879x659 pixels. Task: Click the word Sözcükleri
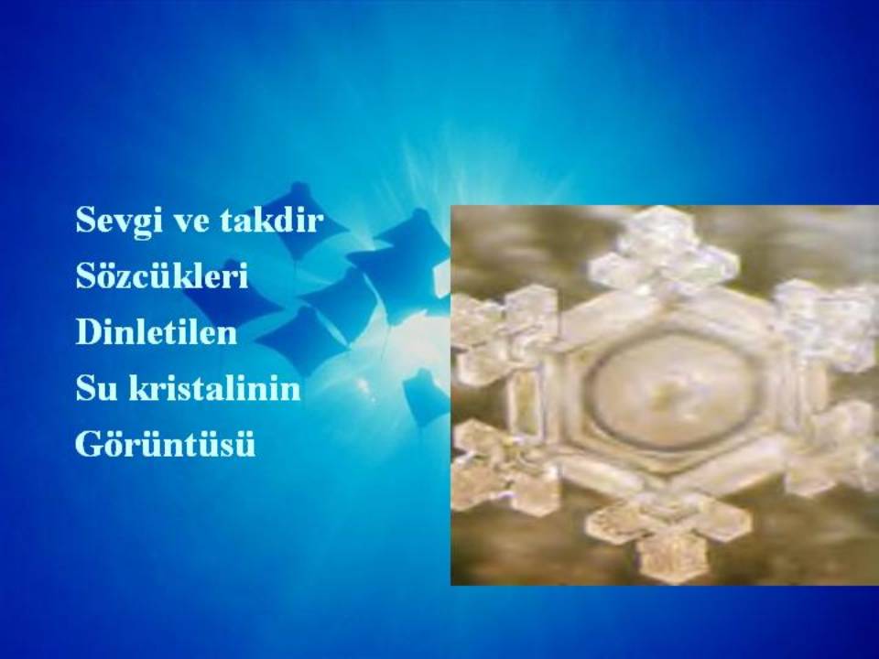pos(161,275)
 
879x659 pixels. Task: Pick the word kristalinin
pos(214,387)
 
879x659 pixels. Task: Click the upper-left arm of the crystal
pos(505,330)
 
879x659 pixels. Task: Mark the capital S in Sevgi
pos(85,220)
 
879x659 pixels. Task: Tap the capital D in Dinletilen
pos(87,331)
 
